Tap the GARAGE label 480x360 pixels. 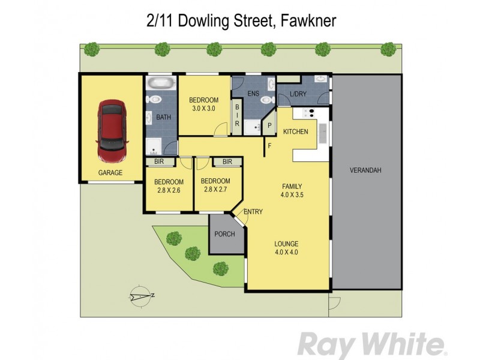click(110, 173)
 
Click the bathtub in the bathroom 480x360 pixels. click(159, 83)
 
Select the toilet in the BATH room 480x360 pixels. click(155, 99)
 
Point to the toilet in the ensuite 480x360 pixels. click(271, 85)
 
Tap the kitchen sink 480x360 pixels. click(323, 133)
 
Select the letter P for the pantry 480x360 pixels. click(269, 125)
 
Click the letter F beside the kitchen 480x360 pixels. click(270, 145)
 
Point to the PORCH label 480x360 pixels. click(226, 234)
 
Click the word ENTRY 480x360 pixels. click(252, 211)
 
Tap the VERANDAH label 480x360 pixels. click(365, 170)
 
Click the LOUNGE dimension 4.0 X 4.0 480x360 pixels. click(286, 252)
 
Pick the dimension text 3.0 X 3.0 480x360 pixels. click(203, 109)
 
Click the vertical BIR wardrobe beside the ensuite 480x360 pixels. click(238, 115)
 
